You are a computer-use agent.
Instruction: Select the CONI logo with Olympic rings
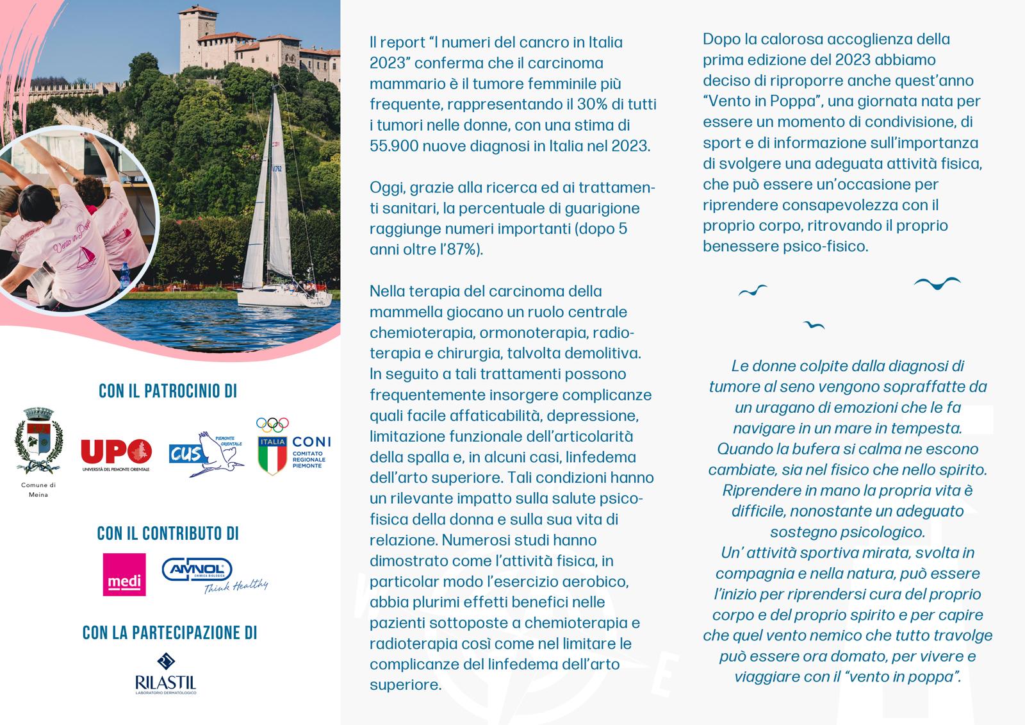(x=292, y=447)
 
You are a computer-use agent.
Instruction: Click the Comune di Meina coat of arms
(x=38, y=441)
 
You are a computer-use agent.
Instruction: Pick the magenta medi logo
(x=124, y=574)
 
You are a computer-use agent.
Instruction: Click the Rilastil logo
(x=165, y=674)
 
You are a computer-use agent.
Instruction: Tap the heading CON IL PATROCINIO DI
(x=168, y=391)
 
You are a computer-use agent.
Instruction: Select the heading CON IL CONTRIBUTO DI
(x=168, y=533)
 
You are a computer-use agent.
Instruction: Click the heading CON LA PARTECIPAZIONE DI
(x=170, y=633)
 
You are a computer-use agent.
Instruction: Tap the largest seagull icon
(x=937, y=283)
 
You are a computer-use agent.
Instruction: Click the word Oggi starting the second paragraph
(x=387, y=188)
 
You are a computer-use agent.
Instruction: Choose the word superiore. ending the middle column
(x=406, y=685)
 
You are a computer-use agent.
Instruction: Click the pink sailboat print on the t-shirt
(x=85, y=256)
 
